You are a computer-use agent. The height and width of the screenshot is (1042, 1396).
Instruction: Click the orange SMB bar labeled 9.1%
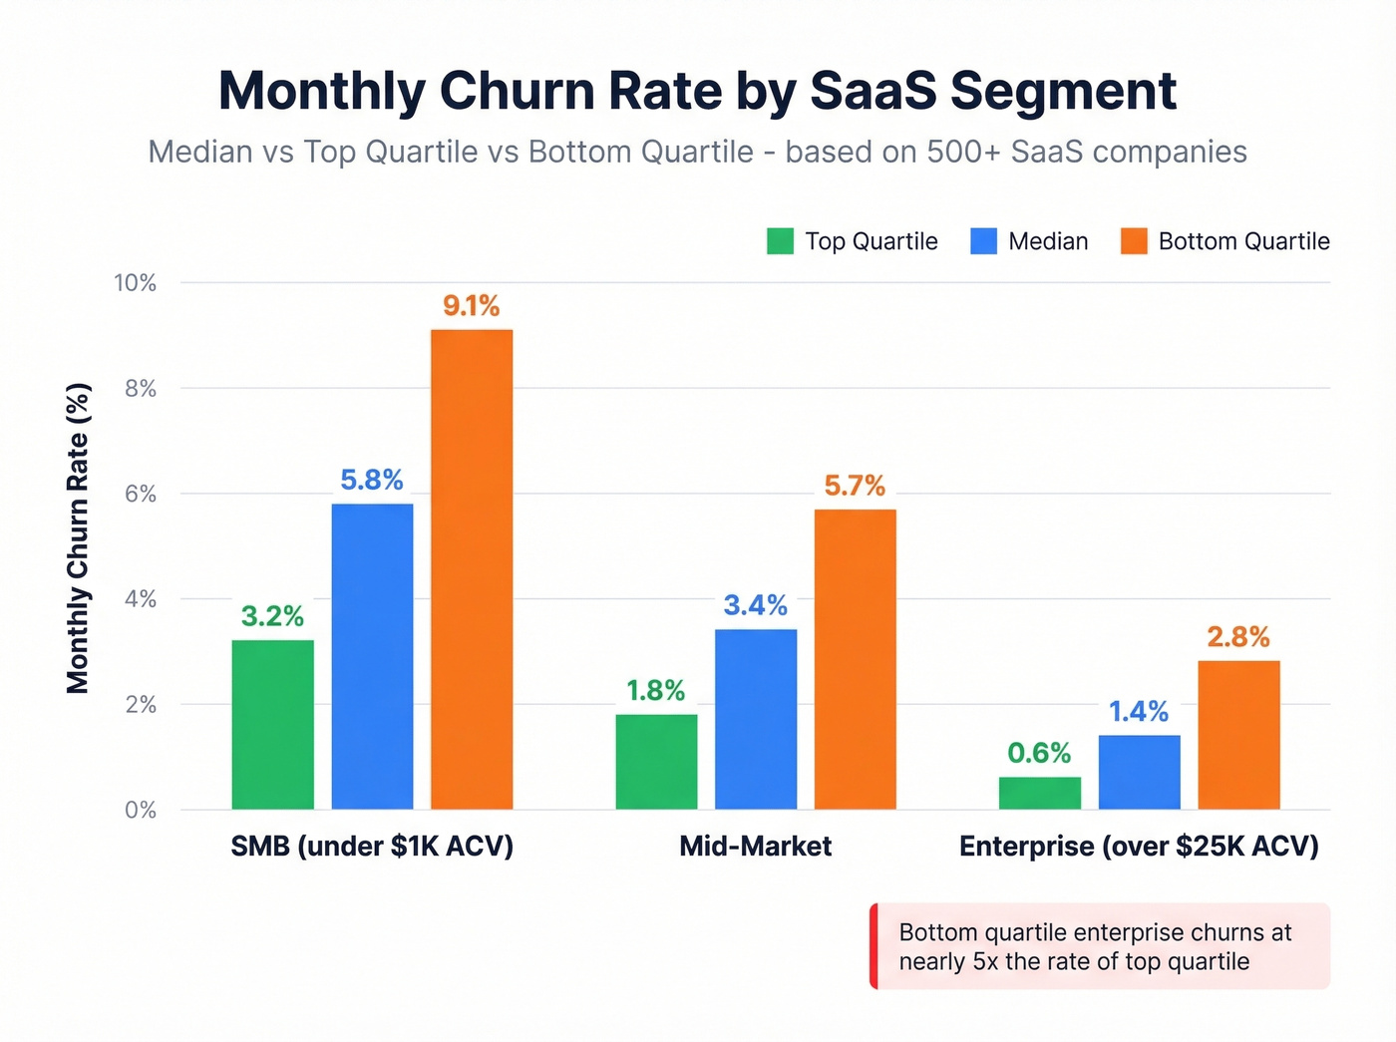pyautogui.click(x=472, y=568)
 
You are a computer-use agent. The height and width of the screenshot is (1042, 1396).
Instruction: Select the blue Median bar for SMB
pyautogui.click(x=372, y=656)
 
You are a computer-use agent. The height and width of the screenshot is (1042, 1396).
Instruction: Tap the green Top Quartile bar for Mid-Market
pyautogui.click(x=656, y=762)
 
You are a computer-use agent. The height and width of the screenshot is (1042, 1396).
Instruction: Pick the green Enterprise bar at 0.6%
pyautogui.click(x=1039, y=793)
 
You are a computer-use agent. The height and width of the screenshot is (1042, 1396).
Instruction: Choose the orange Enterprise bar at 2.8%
pyautogui.click(x=1238, y=734)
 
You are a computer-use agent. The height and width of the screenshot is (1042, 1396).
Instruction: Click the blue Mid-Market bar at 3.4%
pyautogui.click(x=756, y=719)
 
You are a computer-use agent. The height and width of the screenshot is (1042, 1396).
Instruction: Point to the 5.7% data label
pyautogui.click(x=855, y=486)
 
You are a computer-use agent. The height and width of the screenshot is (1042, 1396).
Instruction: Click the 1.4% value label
pyautogui.click(x=1139, y=711)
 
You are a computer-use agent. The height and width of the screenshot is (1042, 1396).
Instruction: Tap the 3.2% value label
pyautogui.click(x=272, y=616)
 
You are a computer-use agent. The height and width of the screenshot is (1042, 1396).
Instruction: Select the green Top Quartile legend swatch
pyautogui.click(x=780, y=241)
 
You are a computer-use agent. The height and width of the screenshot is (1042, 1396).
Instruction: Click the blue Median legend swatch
pyautogui.click(x=983, y=241)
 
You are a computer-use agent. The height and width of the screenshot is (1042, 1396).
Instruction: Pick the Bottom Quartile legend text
pyautogui.click(x=1243, y=241)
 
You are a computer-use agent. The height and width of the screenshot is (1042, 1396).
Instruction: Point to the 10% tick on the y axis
pyautogui.click(x=136, y=283)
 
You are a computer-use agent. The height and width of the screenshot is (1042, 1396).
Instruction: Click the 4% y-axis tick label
pyautogui.click(x=141, y=599)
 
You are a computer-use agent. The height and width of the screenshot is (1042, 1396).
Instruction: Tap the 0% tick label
pyautogui.click(x=141, y=810)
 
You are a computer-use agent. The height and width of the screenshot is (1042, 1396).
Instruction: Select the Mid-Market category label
pyautogui.click(x=755, y=847)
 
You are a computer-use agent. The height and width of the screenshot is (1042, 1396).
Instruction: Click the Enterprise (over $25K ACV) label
pyautogui.click(x=1139, y=847)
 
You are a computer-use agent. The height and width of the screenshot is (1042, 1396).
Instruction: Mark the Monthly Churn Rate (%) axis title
pyautogui.click(x=78, y=538)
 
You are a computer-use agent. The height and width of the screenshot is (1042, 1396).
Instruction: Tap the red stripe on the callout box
pyautogui.click(x=873, y=946)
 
